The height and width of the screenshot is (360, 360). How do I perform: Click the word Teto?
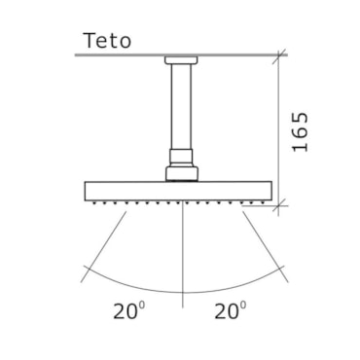click(107, 41)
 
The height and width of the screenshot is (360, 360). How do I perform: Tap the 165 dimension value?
click(300, 131)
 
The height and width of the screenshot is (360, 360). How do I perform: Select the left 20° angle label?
click(128, 310)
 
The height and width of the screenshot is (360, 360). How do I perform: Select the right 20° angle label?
click(231, 310)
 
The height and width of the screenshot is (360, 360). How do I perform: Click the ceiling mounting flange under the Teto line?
click(181, 60)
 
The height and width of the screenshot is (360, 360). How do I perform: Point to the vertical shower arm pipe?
click(181, 106)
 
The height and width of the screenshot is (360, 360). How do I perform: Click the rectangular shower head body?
click(178, 191)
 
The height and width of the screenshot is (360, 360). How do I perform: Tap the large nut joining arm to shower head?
click(182, 173)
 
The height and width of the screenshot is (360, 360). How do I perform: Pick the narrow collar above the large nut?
click(181, 158)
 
